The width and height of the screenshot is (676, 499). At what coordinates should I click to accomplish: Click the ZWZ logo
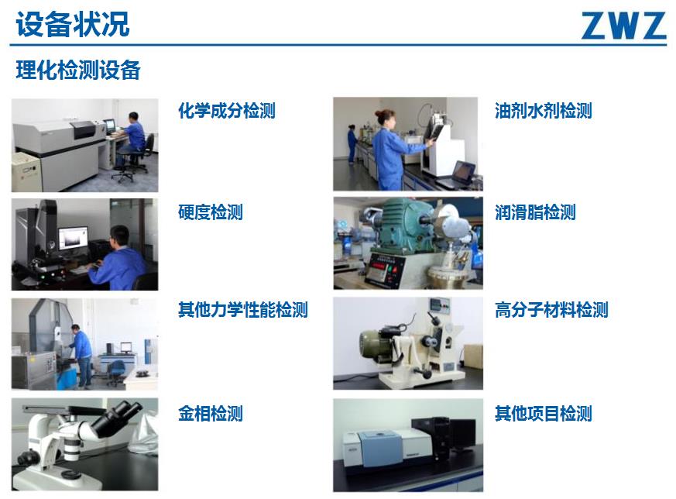623,26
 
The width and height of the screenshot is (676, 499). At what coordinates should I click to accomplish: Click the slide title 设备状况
73,24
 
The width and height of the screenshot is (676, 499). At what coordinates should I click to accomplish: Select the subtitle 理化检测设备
78,70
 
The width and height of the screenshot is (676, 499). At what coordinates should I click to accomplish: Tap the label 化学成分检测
227,111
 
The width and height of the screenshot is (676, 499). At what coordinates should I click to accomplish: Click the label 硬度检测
211,212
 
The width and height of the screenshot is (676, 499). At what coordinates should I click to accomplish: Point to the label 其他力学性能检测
242,310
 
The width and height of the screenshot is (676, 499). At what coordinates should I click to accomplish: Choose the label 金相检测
211,413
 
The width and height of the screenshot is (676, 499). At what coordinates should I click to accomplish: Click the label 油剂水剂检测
544,111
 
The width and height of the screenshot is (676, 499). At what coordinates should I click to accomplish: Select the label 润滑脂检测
535,212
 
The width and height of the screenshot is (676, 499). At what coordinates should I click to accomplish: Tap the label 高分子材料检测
551,310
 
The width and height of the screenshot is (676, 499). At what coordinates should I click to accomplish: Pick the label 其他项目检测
544,413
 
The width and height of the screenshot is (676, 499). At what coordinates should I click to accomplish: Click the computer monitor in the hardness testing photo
73,239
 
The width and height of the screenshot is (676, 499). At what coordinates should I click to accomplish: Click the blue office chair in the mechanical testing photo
115,372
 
